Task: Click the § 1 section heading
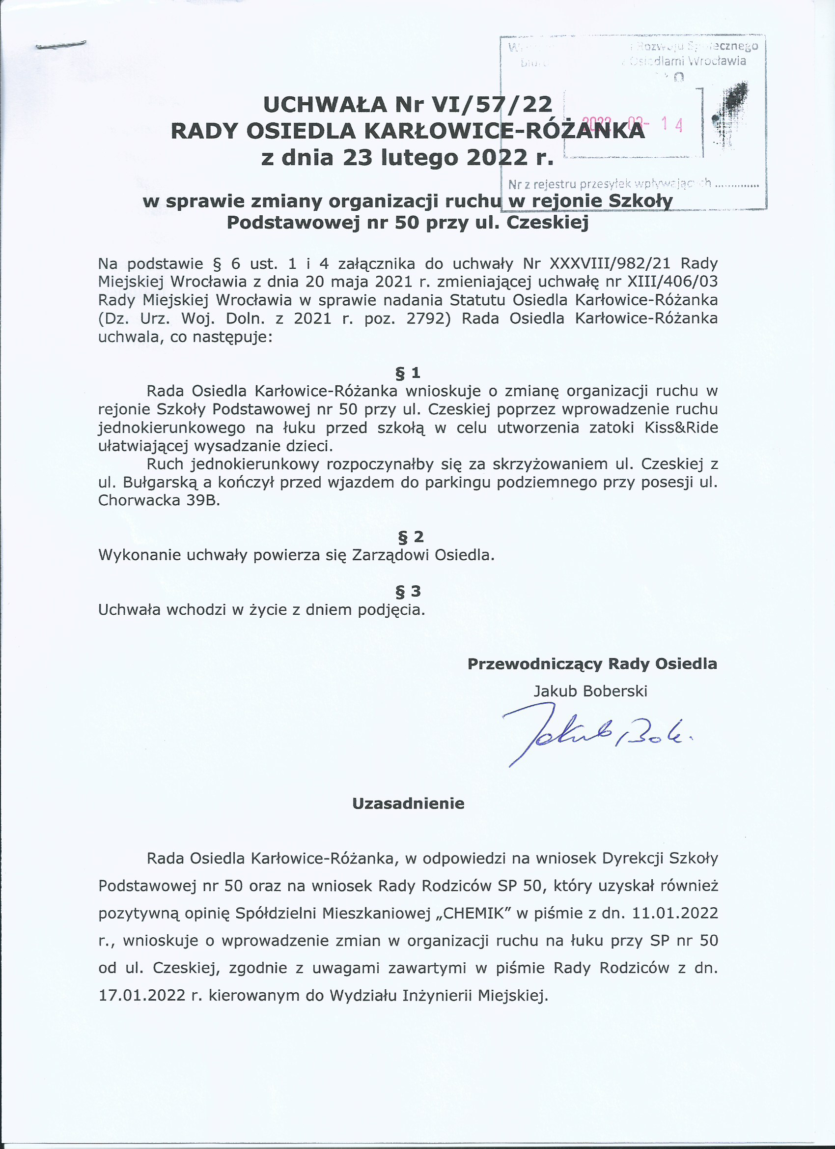pos(408,373)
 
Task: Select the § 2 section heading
pos(411,537)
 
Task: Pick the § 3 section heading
pos(408,591)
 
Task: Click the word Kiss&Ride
pos(681,428)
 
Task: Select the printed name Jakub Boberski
pos(590,691)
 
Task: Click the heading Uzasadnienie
pos(408,804)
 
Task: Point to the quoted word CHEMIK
pos(476,913)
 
